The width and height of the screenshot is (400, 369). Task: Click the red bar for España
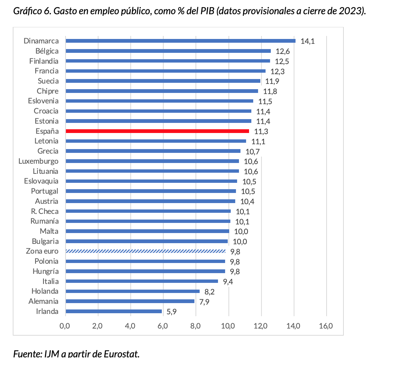[157, 131]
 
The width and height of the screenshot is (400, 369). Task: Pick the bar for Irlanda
[113, 311]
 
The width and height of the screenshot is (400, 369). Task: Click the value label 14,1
[307, 41]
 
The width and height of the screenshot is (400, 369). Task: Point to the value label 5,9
[172, 312]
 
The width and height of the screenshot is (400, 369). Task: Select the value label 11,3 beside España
[261, 131]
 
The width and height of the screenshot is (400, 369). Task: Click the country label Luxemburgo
[39, 161]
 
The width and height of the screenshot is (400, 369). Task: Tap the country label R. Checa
[45, 211]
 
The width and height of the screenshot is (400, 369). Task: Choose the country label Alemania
[43, 301]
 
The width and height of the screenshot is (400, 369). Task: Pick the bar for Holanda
[133, 291]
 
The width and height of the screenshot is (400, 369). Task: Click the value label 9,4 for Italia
[228, 282]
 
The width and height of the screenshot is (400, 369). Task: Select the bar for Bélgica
[168, 51]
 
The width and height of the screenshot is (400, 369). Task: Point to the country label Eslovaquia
[41, 181]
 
